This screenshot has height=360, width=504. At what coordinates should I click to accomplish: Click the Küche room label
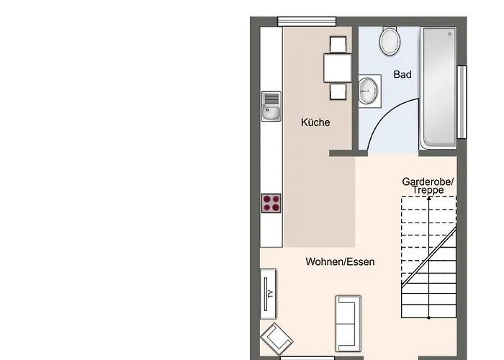pos(315,122)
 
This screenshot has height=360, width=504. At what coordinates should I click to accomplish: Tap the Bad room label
pos(402,74)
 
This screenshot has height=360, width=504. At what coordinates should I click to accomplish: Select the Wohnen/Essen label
pos(340,261)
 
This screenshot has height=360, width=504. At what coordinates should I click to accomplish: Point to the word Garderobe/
pos(428,181)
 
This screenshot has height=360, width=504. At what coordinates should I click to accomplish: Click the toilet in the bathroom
pos(390,40)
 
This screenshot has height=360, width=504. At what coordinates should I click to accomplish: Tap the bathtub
pos(438,88)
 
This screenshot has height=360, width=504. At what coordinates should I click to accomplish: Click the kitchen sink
pos(271,107)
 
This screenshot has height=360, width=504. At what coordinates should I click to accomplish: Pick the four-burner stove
pos(271,203)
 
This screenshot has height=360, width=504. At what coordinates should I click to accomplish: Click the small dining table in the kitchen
pos(338,68)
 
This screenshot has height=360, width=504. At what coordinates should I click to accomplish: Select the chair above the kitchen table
pos(338,45)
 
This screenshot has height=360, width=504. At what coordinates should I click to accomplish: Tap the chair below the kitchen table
pos(338,91)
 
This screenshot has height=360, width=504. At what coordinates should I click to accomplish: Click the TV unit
pos(268,294)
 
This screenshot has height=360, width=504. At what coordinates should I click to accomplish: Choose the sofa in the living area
pos(348,324)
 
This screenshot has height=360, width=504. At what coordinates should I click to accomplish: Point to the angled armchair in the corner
pos(276,339)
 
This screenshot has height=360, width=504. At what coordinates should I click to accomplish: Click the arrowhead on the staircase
pos(429,198)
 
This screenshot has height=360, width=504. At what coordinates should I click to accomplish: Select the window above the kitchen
pos(307,21)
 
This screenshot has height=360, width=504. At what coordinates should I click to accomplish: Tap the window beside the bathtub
pos(462,102)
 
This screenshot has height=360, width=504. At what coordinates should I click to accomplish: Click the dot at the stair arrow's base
pos(429,318)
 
